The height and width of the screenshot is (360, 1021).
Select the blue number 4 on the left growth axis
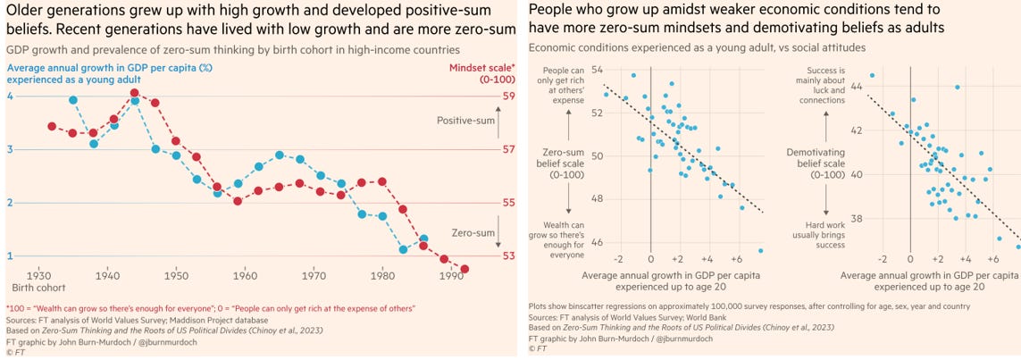pos(11,96)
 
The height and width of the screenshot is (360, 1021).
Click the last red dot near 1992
pos(464,269)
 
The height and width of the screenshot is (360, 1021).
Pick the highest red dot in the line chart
pos(134,93)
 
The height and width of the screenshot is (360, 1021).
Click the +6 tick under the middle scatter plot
pos(734,258)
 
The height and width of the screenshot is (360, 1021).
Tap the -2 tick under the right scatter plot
pos(882,258)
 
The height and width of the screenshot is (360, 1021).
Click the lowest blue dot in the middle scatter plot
pos(761,251)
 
